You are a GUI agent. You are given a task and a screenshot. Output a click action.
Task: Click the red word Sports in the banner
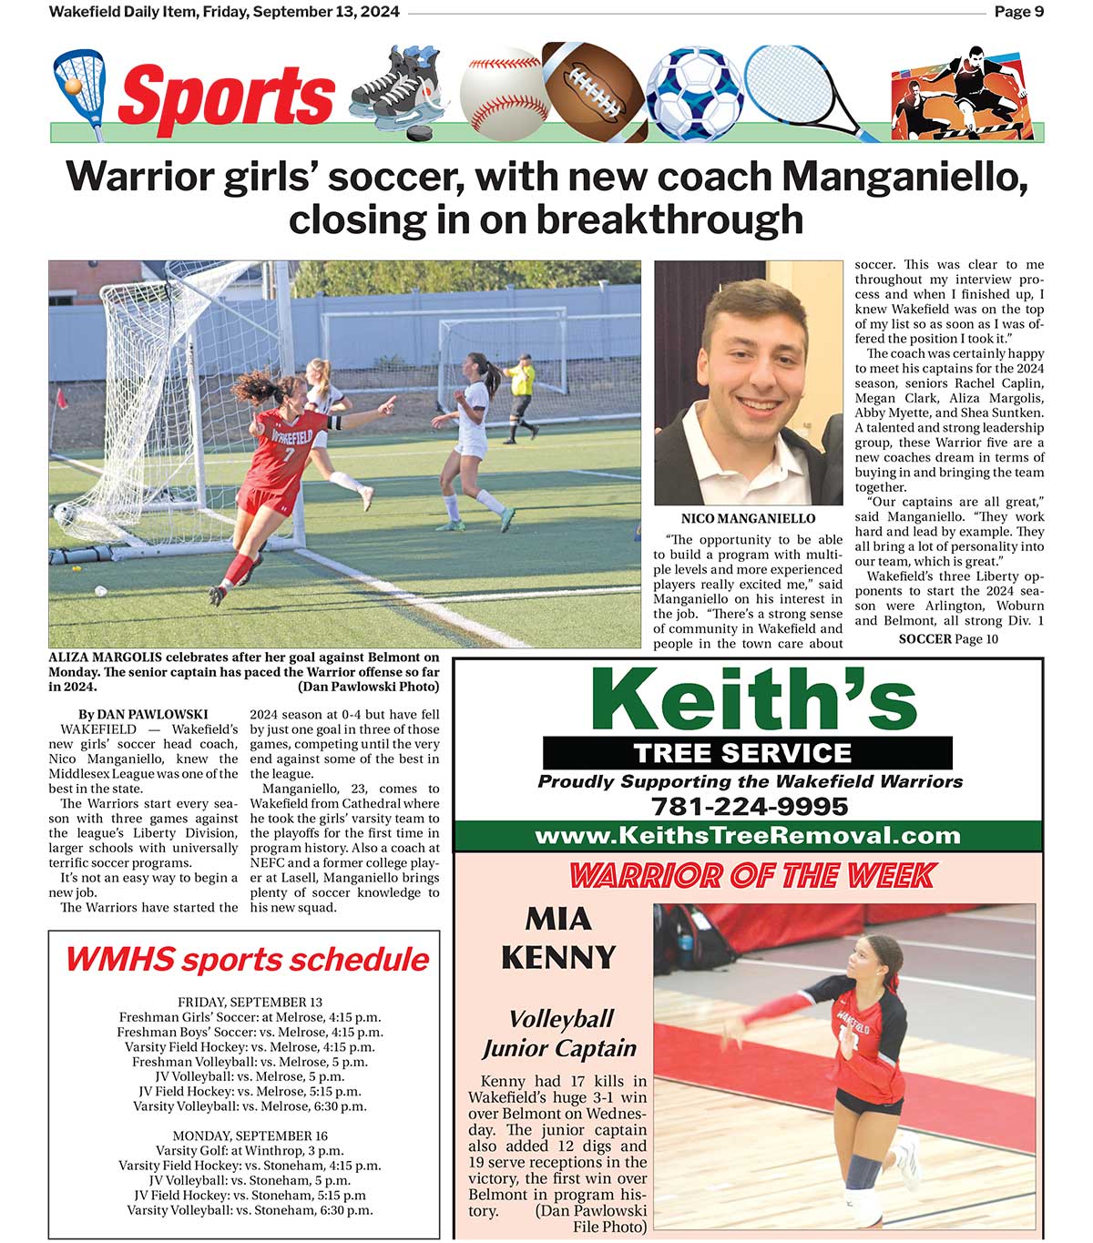click(x=226, y=97)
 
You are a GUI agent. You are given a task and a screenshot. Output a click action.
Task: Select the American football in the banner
click(x=593, y=91)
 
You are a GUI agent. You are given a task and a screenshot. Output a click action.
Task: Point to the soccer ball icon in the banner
click(x=695, y=95)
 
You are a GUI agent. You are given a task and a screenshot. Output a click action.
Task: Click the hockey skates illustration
click(x=399, y=91)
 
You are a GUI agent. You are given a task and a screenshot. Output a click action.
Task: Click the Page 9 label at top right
click(x=1018, y=12)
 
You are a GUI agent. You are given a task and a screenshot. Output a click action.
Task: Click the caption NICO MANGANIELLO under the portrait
click(x=748, y=519)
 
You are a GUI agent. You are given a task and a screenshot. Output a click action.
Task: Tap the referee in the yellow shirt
click(x=521, y=396)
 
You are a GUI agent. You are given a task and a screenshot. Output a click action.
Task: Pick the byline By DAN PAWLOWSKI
click(x=143, y=715)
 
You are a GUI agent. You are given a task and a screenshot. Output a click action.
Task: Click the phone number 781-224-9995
click(x=749, y=807)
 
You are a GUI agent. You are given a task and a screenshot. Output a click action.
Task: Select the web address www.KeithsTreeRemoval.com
click(x=747, y=836)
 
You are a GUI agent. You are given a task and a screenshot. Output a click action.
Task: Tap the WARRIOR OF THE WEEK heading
click(x=751, y=875)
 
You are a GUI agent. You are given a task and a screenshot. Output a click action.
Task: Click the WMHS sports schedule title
click(x=246, y=960)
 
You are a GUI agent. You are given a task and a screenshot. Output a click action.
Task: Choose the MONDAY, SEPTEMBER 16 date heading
click(x=250, y=1136)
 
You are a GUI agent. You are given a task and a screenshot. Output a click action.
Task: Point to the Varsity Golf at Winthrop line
click(x=250, y=1151)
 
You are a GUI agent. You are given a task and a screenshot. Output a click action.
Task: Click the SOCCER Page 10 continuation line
click(x=948, y=639)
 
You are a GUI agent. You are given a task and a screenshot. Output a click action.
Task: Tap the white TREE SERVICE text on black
click(x=742, y=753)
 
